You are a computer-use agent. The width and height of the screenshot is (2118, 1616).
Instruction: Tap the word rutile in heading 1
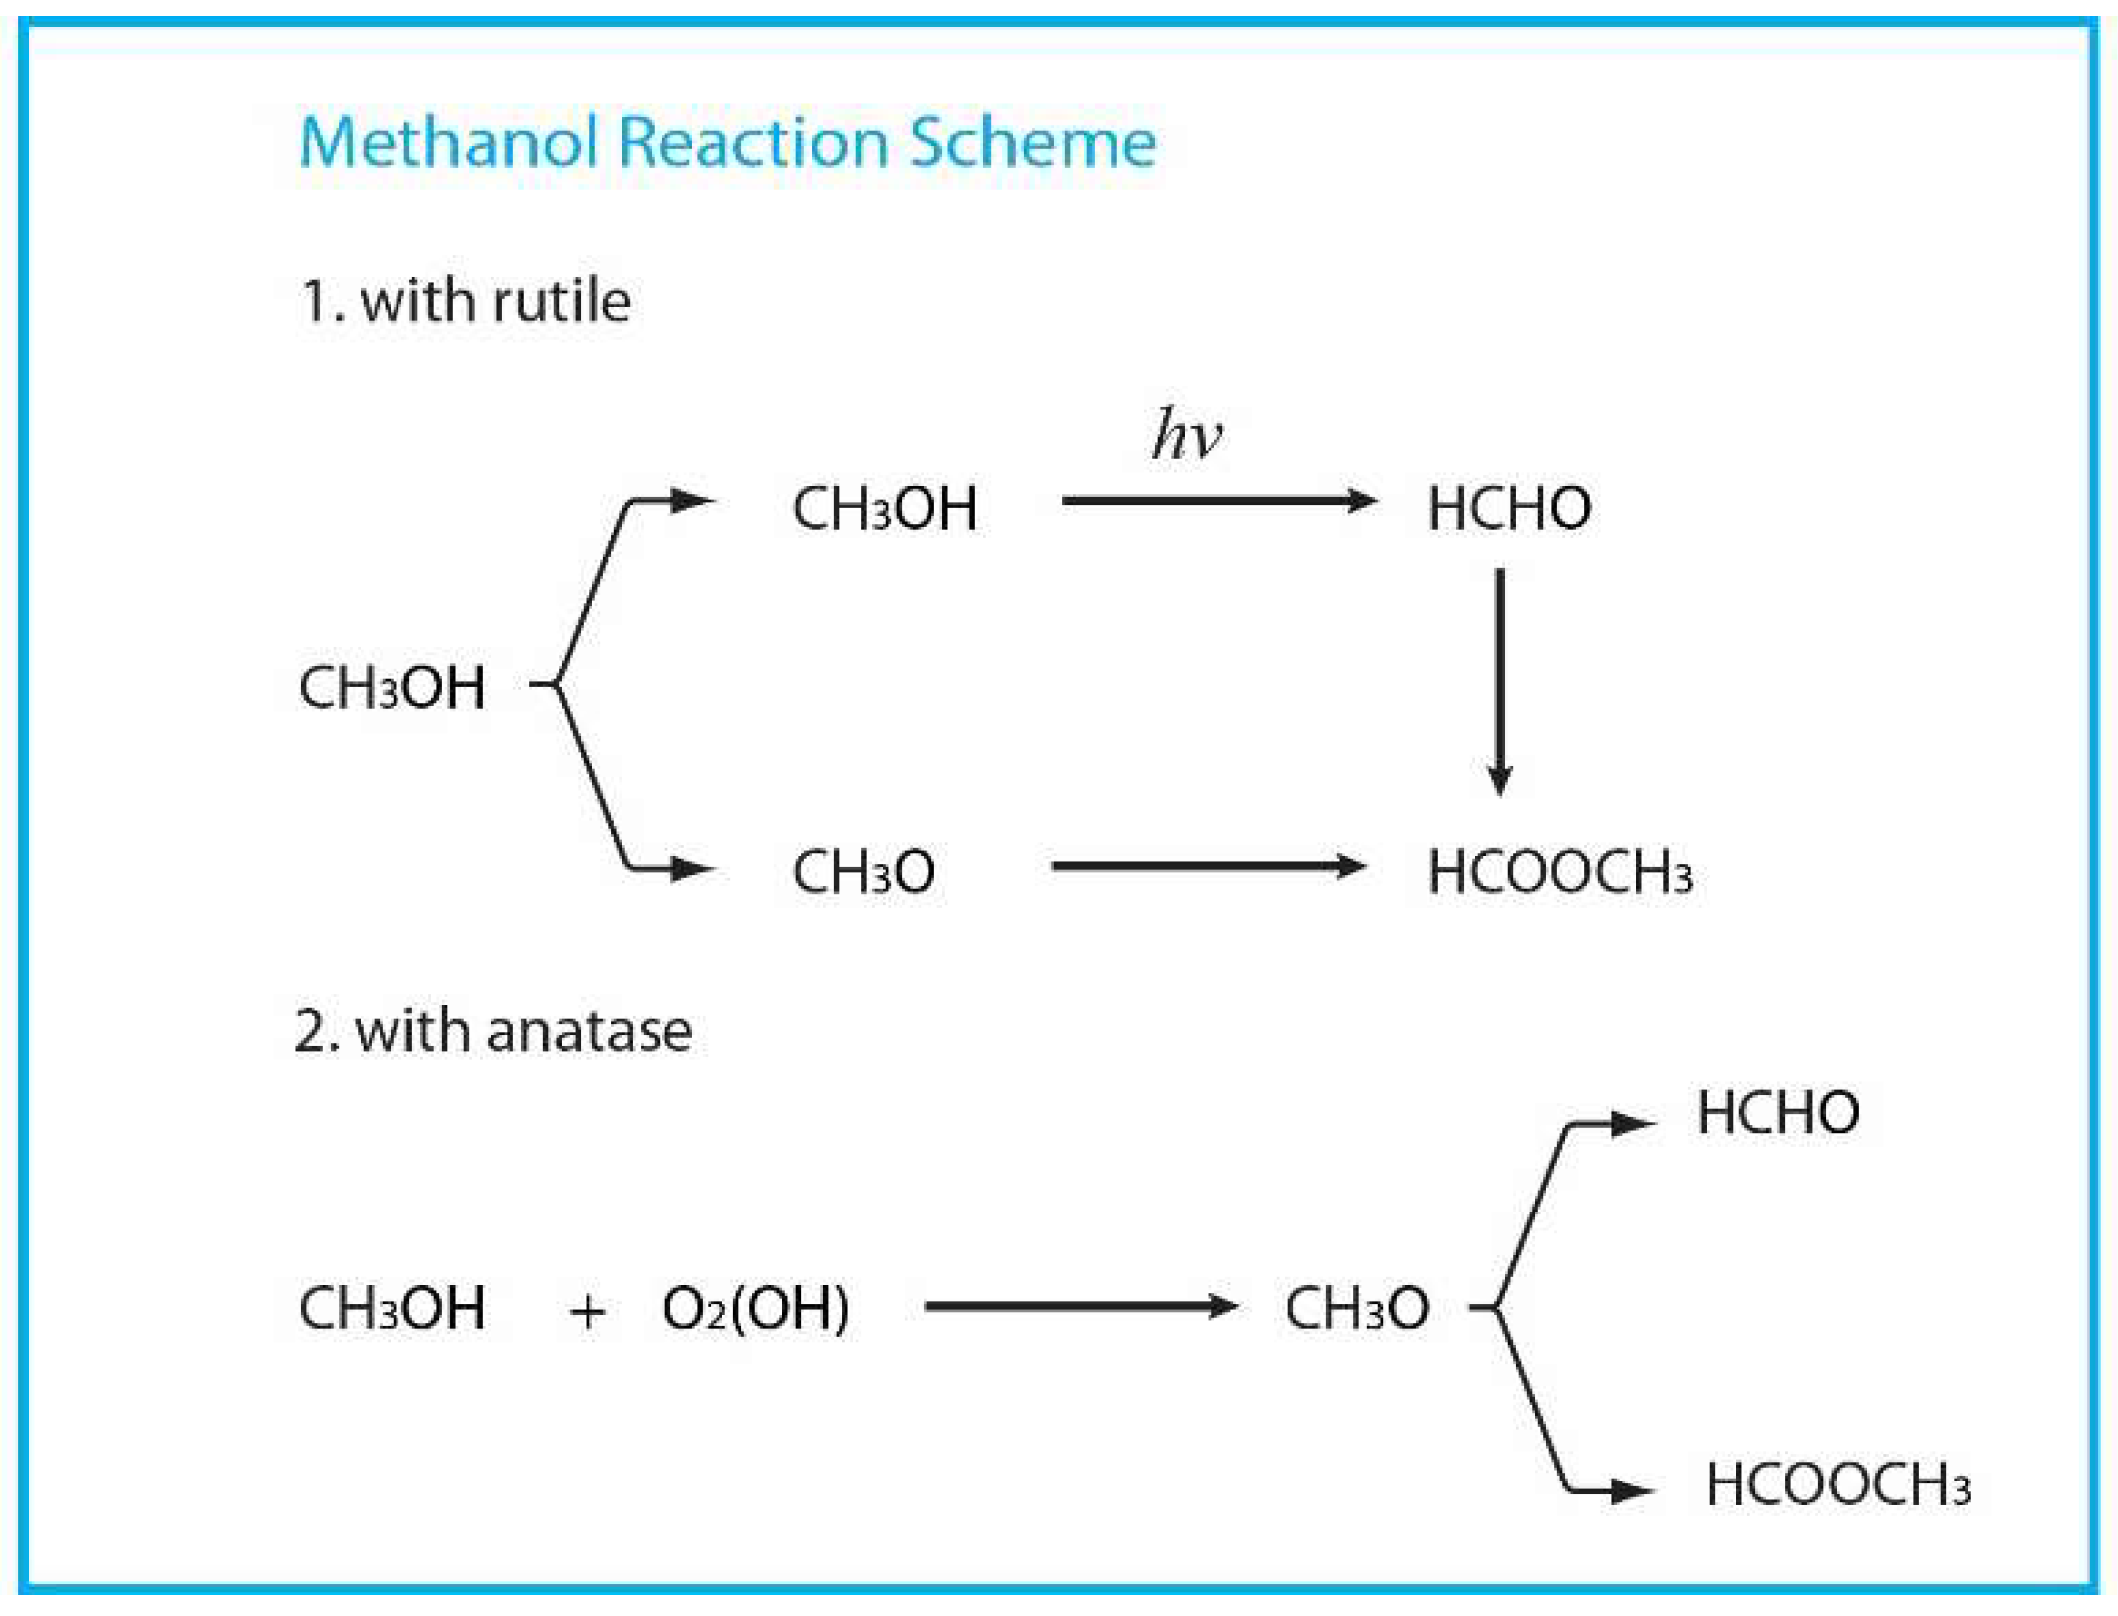[x=561, y=301]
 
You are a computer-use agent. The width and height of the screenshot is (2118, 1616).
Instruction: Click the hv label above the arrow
[x=1186, y=435]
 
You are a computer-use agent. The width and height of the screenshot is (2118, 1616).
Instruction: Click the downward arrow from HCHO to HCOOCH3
[x=1500, y=681]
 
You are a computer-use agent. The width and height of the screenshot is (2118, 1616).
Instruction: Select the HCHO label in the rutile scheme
[x=1508, y=508]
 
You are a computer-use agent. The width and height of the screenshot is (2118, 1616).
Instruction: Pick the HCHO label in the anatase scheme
[x=1777, y=1112]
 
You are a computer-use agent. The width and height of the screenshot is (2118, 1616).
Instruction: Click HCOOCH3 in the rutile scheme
[x=1559, y=872]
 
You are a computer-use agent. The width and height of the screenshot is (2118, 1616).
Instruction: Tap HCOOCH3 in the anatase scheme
[x=1837, y=1484]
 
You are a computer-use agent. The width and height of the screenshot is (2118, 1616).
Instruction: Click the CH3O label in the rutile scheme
[x=863, y=872]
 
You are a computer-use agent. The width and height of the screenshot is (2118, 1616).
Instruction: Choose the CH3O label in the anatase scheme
[x=1356, y=1308]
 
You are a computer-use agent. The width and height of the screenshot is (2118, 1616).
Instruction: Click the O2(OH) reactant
[x=755, y=1308]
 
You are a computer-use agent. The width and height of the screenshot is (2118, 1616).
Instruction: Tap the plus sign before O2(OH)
[x=587, y=1311]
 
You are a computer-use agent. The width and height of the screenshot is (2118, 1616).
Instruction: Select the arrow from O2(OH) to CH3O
[x=1080, y=1306]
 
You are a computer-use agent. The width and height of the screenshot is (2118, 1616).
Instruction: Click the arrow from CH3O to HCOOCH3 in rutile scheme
[x=1207, y=866]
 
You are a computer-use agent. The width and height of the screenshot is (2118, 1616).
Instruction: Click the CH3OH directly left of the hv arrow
[x=884, y=508]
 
